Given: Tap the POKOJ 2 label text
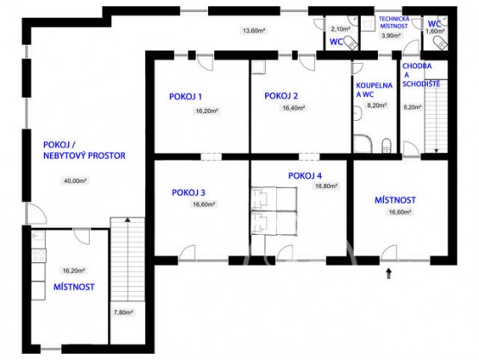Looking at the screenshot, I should [282, 96].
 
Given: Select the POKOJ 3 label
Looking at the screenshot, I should [188, 193].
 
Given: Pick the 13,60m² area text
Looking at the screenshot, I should [253, 31].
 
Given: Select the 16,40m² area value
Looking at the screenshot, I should [293, 109].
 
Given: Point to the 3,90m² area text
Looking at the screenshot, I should [390, 36].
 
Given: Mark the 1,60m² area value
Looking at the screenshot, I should [437, 31].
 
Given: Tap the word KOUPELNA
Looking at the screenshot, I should [373, 86].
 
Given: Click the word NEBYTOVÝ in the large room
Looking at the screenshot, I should [74, 156].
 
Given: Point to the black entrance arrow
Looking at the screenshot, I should [388, 274].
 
